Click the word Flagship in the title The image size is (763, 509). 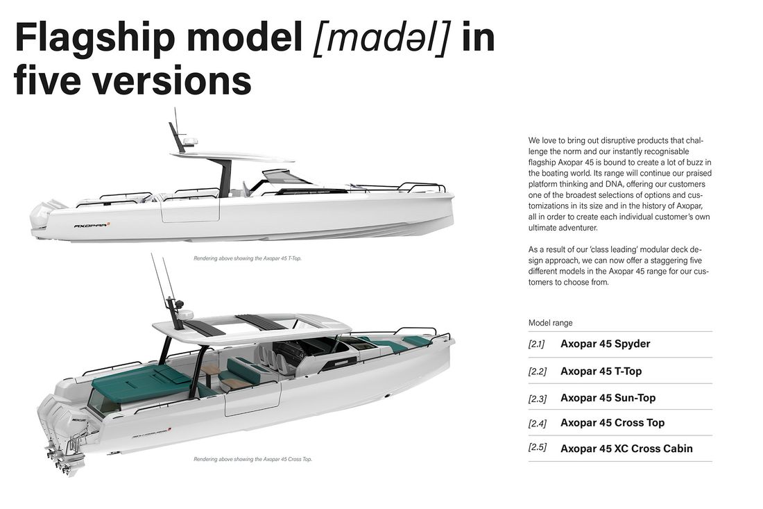pyautogui.click(x=95, y=38)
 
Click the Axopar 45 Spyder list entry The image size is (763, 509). pyautogui.click(x=605, y=344)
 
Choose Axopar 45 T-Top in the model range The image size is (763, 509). pyautogui.click(x=601, y=371)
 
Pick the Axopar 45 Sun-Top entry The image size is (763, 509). pyautogui.click(x=608, y=398)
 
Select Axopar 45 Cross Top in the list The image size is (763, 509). pyautogui.click(x=612, y=423)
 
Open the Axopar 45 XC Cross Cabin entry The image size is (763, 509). pyautogui.click(x=626, y=449)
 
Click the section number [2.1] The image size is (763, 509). pyautogui.click(x=536, y=344)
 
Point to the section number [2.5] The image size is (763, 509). pyautogui.click(x=537, y=447)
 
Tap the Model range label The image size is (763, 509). pyautogui.click(x=550, y=323)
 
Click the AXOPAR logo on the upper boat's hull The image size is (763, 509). pyautogui.click(x=92, y=226)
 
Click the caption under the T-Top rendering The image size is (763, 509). pyautogui.click(x=247, y=258)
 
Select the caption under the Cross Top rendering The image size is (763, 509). pyautogui.click(x=252, y=459)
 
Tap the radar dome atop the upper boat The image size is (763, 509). pyautogui.click(x=190, y=142)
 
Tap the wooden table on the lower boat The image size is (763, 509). pyautogui.click(x=211, y=370)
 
